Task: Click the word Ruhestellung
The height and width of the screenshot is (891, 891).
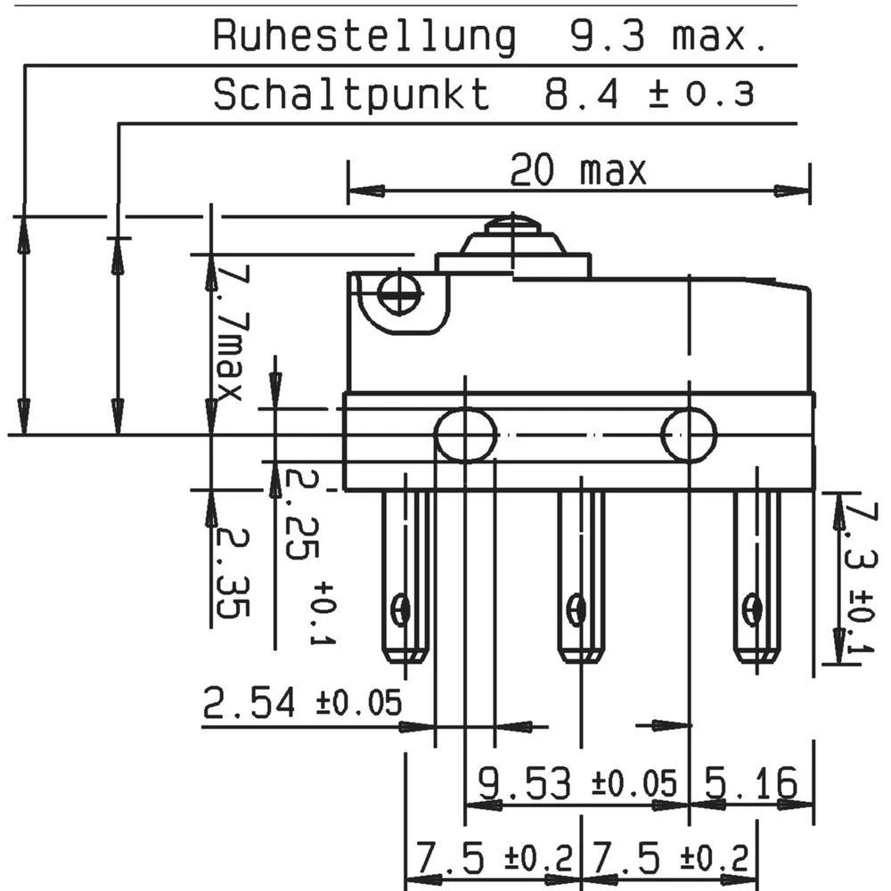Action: coord(364,37)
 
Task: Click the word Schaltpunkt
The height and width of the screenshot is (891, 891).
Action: coord(352,94)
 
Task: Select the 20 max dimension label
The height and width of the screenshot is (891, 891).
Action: coord(577,170)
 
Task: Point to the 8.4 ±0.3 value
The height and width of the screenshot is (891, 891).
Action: coord(650,94)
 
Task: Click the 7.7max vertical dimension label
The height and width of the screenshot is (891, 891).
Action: coord(228,330)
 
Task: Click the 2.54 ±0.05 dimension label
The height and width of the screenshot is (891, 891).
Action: coord(302,704)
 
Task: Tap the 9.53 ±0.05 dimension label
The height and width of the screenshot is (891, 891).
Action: coord(578,784)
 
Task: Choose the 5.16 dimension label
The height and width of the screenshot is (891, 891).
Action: coord(750,784)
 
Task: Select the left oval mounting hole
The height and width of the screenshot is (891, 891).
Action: coord(465,435)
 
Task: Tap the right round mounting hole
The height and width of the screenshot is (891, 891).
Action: coord(689,435)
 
